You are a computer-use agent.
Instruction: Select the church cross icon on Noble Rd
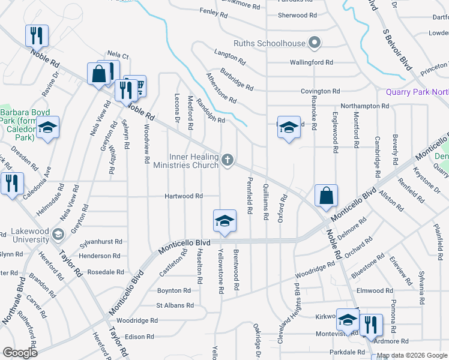click(x=227, y=160)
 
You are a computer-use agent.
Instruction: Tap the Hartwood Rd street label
click(x=184, y=196)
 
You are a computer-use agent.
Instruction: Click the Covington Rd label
click(x=321, y=91)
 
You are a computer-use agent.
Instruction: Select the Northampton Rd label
click(x=363, y=106)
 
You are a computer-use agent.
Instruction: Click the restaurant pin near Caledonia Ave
click(x=11, y=184)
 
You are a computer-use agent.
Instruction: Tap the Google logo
click(x=19, y=352)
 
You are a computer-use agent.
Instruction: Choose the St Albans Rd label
click(x=175, y=305)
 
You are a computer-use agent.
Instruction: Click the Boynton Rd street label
click(x=173, y=290)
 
